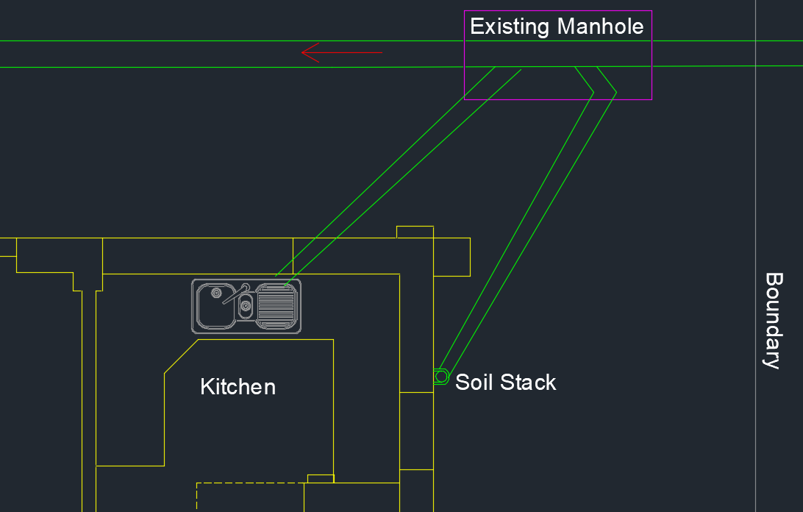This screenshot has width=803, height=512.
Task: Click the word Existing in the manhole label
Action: point(510,26)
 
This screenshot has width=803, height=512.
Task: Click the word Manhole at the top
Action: point(600,26)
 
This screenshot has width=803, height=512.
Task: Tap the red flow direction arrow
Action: point(342,52)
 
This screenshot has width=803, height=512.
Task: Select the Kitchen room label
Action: point(238,387)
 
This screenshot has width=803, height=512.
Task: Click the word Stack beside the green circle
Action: point(528,383)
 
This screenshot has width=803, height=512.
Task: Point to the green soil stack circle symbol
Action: point(441,377)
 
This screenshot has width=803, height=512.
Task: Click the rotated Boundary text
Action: point(774,321)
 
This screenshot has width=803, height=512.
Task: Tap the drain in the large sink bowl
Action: point(216,293)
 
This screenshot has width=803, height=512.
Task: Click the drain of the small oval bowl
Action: point(246,306)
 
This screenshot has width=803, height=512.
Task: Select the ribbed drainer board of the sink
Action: point(276,306)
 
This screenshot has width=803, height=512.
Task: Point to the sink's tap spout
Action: point(235,295)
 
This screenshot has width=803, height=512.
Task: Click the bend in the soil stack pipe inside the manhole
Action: point(604,93)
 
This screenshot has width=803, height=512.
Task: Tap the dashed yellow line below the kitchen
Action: point(251,483)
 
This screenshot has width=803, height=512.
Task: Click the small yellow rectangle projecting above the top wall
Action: point(415,232)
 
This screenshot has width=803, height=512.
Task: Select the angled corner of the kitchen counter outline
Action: point(182,356)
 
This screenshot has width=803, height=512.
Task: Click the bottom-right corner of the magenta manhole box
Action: point(652,99)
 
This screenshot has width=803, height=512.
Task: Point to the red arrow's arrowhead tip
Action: point(301,52)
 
